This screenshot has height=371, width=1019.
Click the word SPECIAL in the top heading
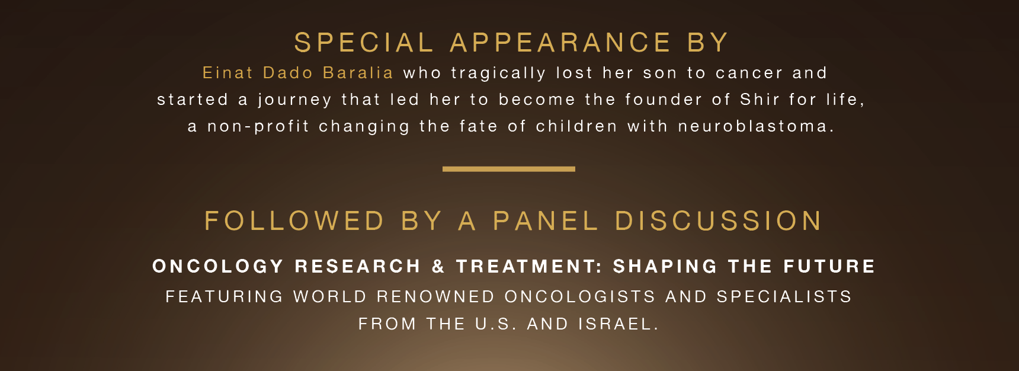pos(364,43)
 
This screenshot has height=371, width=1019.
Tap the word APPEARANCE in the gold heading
pos(560,43)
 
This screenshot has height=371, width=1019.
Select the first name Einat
pos(228,73)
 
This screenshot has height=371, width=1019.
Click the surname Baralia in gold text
pos(358,73)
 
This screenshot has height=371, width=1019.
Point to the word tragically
pos(498,73)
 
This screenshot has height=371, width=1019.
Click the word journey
pos(294,100)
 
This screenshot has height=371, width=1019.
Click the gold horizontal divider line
pos(509,169)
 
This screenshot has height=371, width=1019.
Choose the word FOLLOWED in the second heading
pos(294,221)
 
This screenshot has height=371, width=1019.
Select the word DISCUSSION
pos(719,221)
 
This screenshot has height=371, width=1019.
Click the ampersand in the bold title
pos(438,267)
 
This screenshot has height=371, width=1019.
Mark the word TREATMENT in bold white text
pos(530,267)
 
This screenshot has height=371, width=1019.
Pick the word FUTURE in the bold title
pos(829,267)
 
